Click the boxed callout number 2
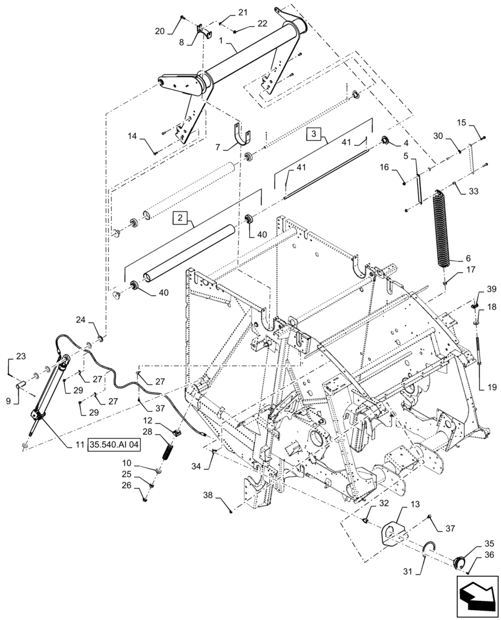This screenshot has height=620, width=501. [179, 218]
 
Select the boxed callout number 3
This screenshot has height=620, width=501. [314, 133]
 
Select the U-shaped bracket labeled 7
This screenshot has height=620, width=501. [244, 138]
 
